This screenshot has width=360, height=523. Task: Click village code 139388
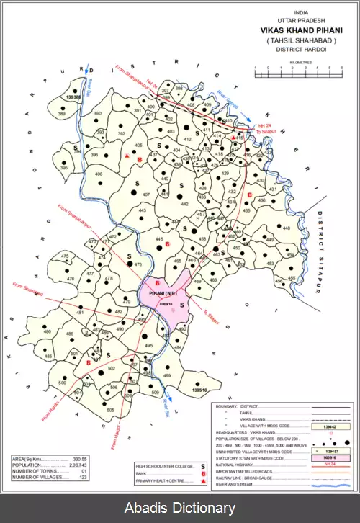(73, 96)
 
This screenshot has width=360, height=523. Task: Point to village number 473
(139, 265)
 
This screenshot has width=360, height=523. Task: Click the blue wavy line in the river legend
(331, 485)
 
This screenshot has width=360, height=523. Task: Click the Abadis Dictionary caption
(179, 509)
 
